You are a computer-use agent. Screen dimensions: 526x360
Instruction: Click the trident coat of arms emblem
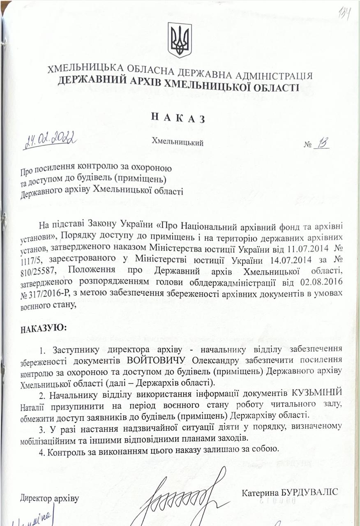coord(180,40)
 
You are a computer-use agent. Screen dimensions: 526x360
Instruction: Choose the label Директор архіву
coord(49,498)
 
